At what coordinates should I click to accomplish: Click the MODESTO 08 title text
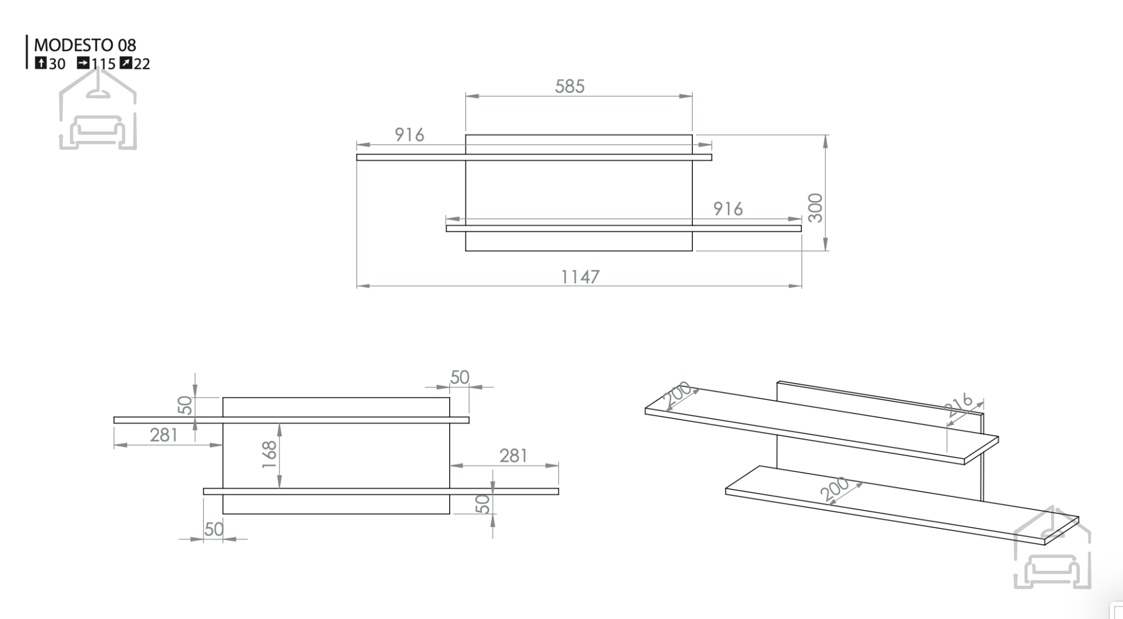click(x=85, y=45)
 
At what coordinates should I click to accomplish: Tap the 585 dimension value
click(x=569, y=87)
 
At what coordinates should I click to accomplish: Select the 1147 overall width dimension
click(x=581, y=277)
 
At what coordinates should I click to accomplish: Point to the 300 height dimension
click(x=816, y=208)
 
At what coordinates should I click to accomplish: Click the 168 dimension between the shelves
click(x=270, y=455)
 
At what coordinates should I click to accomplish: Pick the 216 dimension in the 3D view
click(x=958, y=406)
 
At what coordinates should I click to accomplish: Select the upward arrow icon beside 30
click(x=40, y=63)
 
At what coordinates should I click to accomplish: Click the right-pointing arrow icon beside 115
click(x=83, y=63)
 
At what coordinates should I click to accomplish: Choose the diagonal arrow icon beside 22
click(x=126, y=63)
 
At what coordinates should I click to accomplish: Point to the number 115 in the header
click(x=103, y=64)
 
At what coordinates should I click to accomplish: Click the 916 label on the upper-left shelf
click(x=409, y=135)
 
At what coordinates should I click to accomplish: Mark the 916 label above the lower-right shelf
click(x=728, y=209)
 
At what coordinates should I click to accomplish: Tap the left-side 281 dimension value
click(x=164, y=435)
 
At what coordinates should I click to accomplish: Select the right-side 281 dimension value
click(x=513, y=456)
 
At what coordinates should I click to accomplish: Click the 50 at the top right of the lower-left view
click(x=459, y=377)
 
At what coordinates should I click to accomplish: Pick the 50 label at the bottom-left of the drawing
click(x=214, y=529)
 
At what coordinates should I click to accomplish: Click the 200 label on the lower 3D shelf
click(x=834, y=489)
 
